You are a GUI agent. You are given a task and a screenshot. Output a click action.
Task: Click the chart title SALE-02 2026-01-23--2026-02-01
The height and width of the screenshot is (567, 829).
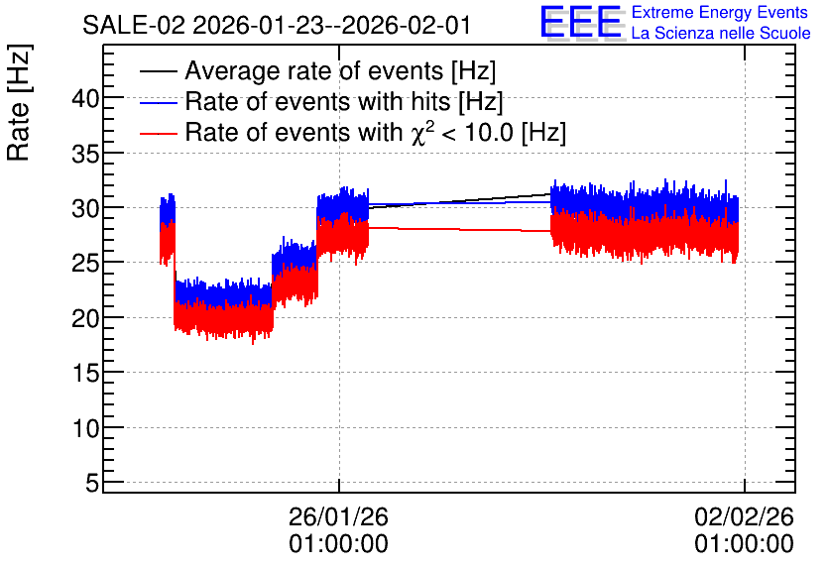pos(277,26)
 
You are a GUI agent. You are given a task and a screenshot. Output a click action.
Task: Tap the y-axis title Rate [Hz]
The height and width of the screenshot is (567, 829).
pos(19,102)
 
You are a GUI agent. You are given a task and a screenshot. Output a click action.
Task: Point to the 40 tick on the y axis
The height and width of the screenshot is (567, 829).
pos(85,98)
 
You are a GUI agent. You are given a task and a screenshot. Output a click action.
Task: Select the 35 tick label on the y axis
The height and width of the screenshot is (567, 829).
pos(85,154)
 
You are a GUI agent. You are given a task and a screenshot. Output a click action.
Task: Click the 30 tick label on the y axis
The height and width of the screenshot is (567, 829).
pos(85,208)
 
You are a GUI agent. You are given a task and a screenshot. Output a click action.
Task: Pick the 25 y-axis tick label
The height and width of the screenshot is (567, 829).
pos(85,263)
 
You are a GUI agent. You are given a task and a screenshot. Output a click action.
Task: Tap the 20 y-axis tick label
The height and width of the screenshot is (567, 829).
pos(85,318)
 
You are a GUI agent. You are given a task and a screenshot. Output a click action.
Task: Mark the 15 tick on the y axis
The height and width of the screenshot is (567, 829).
pos(85,373)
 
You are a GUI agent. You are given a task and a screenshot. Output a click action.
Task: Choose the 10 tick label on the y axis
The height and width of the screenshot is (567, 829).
pos(85,428)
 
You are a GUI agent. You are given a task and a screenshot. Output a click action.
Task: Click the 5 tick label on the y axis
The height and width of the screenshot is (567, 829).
pos(92,483)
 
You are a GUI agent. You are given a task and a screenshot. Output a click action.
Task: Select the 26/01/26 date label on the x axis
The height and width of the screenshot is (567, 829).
pos(338,516)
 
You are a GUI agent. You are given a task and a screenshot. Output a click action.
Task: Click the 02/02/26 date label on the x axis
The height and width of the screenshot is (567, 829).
pos(745,516)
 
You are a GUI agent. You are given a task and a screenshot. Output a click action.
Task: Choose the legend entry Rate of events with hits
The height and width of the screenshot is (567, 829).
pos(344,101)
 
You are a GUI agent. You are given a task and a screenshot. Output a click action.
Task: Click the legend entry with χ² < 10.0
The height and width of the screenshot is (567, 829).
pos(376,132)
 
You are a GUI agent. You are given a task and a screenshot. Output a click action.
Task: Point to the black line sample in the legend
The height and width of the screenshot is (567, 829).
pos(158,71)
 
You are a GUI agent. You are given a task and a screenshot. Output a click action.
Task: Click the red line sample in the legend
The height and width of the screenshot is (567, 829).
pos(158,133)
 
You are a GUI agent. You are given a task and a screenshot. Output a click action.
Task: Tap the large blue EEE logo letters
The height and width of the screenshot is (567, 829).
pos(581,22)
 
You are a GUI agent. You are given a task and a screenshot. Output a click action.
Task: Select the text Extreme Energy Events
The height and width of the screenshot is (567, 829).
pos(720,12)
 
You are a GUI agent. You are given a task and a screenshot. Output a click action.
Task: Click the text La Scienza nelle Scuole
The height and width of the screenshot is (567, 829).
pos(721,33)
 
